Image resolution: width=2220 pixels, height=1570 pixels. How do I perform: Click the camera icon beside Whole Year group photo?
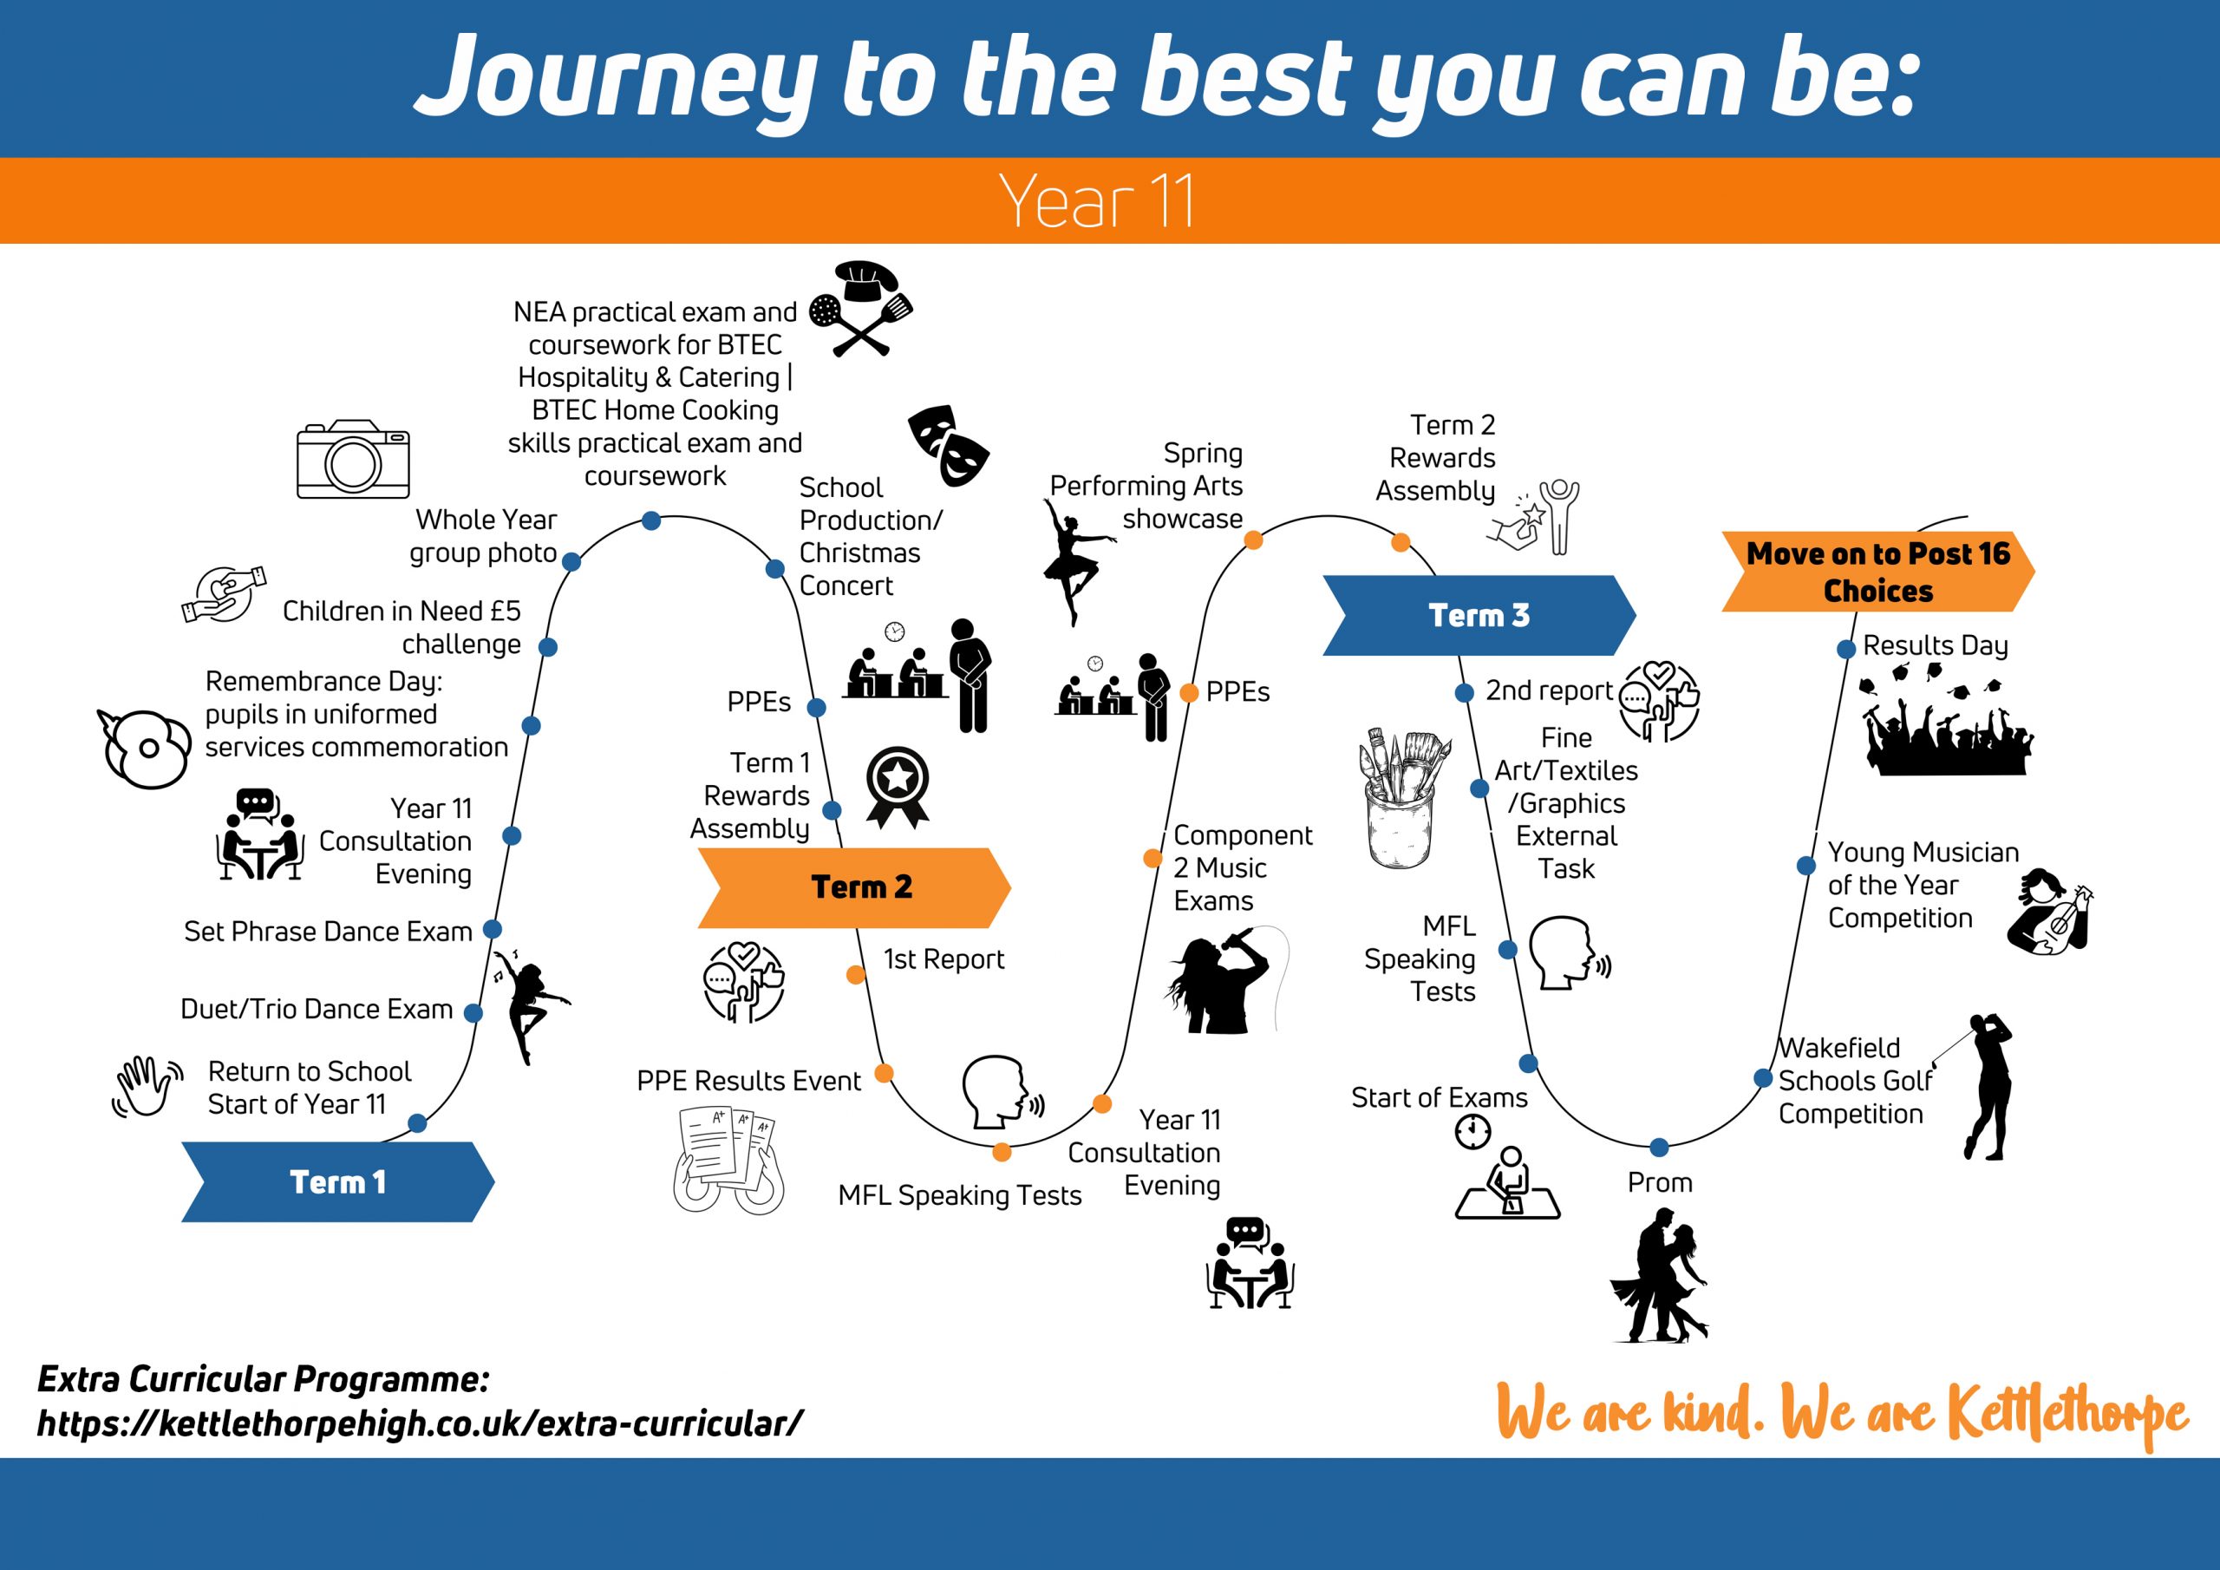(353, 459)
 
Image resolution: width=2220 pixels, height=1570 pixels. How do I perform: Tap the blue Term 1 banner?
(337, 1181)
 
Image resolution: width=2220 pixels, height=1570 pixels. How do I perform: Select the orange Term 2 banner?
(854, 887)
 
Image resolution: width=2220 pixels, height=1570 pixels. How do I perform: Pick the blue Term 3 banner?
(1479, 615)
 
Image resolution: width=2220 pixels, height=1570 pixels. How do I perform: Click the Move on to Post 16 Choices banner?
(1877, 572)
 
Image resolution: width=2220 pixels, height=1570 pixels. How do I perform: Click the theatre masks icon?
(949, 445)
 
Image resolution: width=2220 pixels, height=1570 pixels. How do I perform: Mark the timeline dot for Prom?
(1659, 1148)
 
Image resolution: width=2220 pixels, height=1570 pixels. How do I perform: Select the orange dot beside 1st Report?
(856, 974)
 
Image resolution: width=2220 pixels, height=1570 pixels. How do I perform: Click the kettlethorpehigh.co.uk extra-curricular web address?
(421, 1423)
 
